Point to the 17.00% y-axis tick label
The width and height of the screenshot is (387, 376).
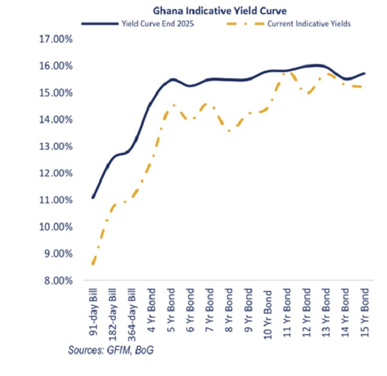point(56,39)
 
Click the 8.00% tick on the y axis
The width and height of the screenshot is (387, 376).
point(56,281)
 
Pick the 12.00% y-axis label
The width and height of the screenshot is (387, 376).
point(56,174)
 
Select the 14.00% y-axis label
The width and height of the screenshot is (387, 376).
point(56,120)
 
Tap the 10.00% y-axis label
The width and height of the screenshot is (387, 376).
point(56,227)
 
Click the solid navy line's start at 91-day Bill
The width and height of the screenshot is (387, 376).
point(94,197)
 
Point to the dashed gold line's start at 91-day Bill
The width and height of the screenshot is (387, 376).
point(94,264)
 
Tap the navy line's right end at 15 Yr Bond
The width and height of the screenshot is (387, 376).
point(365,73)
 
